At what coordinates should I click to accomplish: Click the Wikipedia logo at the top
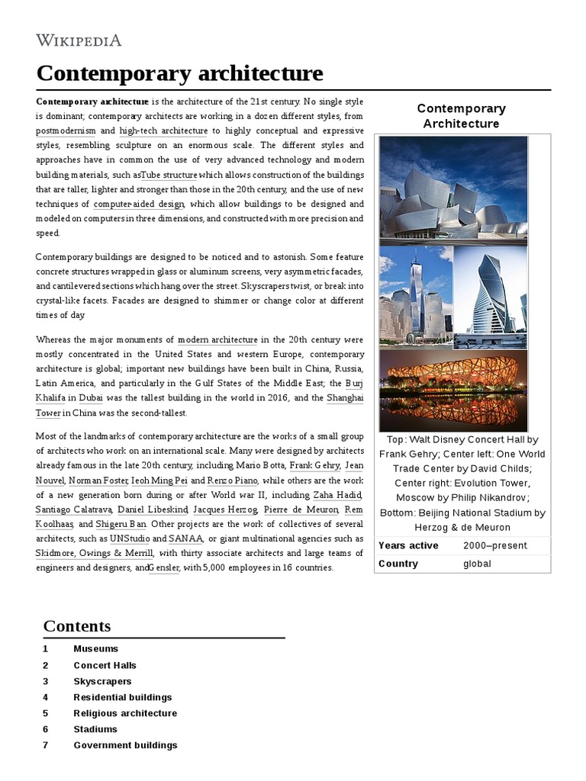click(x=79, y=40)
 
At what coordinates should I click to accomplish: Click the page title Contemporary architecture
click(x=179, y=73)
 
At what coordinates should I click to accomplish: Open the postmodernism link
click(x=66, y=130)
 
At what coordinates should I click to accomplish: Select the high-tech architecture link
click(x=163, y=130)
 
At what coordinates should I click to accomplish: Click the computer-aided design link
click(x=139, y=204)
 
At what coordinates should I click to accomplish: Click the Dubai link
click(x=90, y=397)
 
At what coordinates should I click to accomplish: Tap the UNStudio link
click(x=130, y=538)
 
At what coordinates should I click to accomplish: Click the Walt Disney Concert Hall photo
click(x=453, y=189)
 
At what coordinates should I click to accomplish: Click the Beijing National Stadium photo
click(x=453, y=390)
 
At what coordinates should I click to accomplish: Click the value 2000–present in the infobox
click(x=493, y=545)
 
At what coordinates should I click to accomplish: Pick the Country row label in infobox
click(x=398, y=564)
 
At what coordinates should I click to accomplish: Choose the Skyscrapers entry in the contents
click(x=102, y=681)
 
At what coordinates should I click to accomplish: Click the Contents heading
click(x=77, y=626)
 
